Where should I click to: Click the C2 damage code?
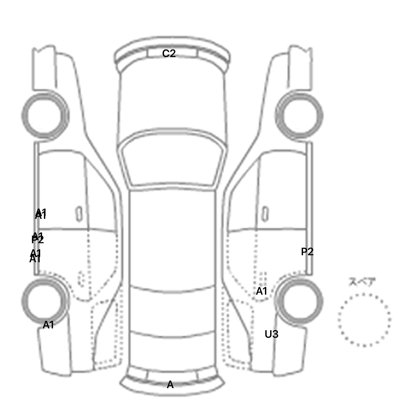click(x=169, y=54)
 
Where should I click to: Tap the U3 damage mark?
click(x=271, y=334)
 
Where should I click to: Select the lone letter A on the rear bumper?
click(x=170, y=385)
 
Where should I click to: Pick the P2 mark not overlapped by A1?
click(x=307, y=252)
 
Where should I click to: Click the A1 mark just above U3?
click(x=261, y=291)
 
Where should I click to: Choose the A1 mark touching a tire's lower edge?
click(x=48, y=325)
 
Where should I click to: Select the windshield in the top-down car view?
click(x=173, y=161)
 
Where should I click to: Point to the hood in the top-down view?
click(x=173, y=102)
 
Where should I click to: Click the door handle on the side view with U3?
click(x=265, y=214)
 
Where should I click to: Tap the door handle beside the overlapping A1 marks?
click(x=79, y=214)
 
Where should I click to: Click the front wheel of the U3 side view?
click(x=299, y=116)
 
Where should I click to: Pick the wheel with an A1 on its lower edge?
click(x=45, y=301)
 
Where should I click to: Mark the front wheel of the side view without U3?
click(x=45, y=115)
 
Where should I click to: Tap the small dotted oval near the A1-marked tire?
click(x=80, y=279)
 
